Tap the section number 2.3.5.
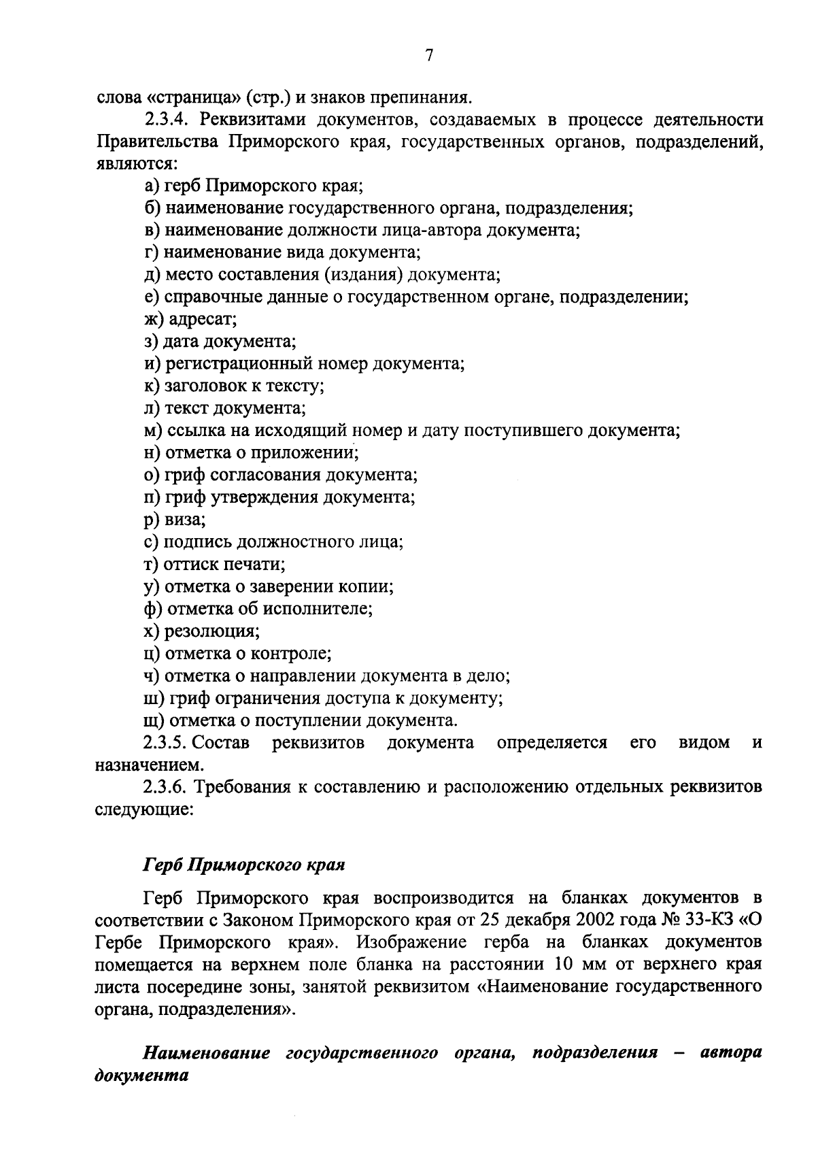click(170, 742)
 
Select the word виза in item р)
click(185, 520)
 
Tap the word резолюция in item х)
click(212, 631)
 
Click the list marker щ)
click(154, 720)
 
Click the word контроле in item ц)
click(291, 654)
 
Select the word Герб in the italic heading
click(163, 865)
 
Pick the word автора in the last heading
click(731, 1053)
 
